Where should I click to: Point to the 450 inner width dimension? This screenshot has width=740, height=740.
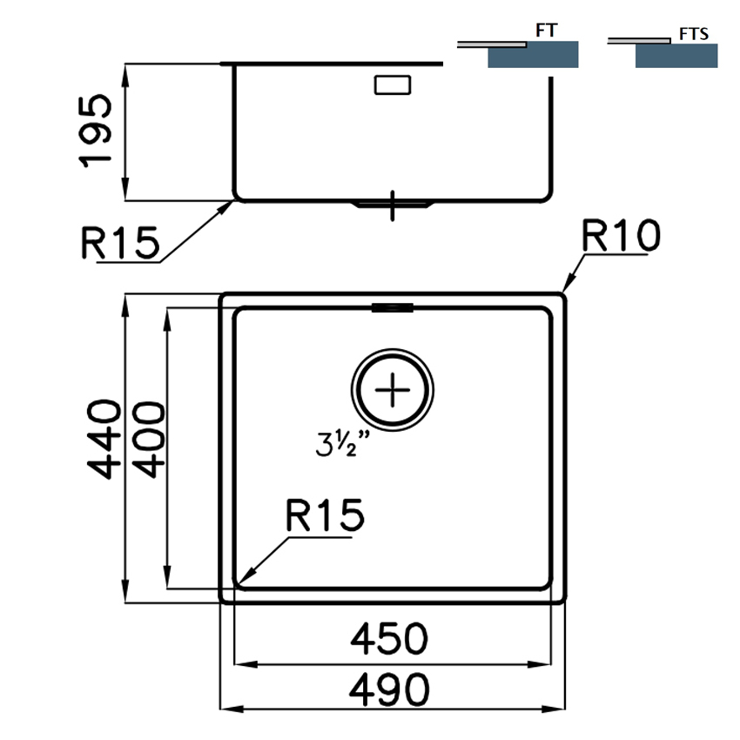390,639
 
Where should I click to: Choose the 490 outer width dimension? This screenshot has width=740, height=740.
390,690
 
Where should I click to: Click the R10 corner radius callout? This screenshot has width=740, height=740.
622,235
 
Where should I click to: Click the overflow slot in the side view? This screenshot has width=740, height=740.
393,85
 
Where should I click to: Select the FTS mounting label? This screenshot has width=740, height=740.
693,35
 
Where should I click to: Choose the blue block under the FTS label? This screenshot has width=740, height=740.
676,56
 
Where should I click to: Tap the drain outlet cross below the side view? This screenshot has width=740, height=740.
393,205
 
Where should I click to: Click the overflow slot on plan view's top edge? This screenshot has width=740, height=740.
393,306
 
